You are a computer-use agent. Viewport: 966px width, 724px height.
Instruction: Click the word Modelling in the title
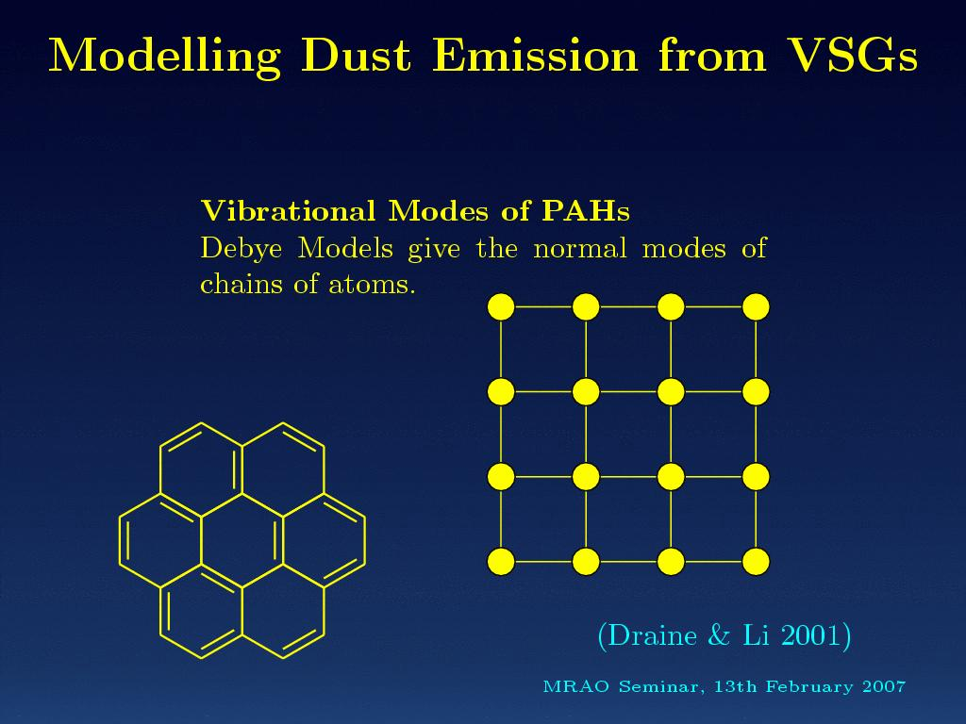[164, 57]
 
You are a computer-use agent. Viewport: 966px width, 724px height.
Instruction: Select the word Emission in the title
[535, 56]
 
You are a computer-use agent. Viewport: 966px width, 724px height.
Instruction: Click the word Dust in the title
[356, 56]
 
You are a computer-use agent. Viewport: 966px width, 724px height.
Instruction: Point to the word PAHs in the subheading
[586, 211]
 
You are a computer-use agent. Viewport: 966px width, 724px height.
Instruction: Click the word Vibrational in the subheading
[289, 211]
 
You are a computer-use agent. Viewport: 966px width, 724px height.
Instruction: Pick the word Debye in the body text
[241, 249]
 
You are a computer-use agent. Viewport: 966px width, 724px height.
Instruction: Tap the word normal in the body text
[580, 248]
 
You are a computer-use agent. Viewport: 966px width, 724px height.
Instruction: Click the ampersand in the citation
[719, 635]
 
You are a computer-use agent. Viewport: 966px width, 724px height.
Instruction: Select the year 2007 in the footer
[884, 686]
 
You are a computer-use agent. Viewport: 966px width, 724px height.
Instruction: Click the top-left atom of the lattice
[501, 306]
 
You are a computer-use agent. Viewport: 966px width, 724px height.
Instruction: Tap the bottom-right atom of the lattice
[756, 562]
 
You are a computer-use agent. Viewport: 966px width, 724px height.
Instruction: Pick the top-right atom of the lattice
[756, 306]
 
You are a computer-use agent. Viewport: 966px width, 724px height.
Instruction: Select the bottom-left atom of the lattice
[501, 562]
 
